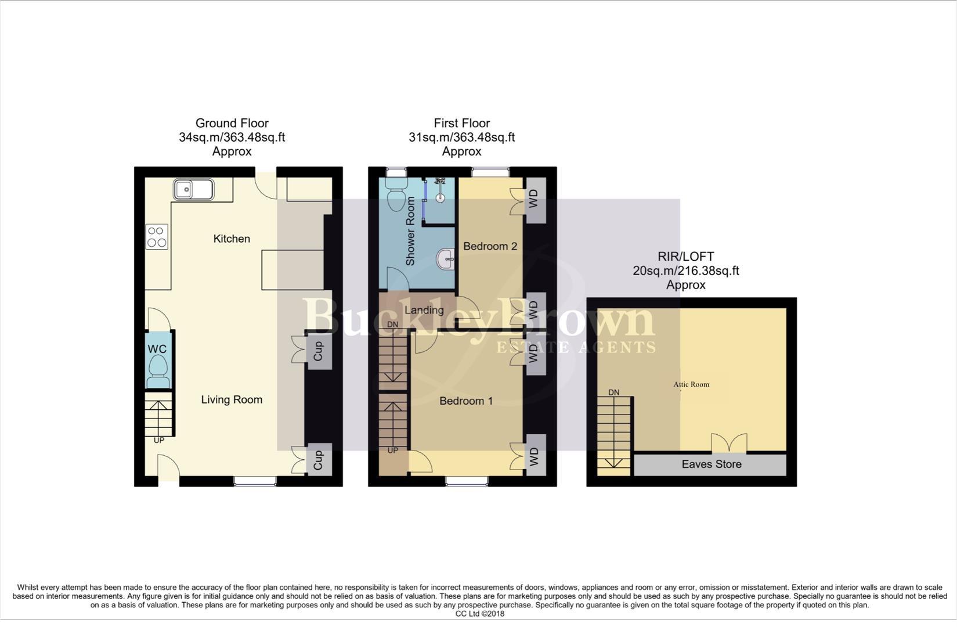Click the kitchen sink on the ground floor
(193, 189)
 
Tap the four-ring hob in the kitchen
(156, 237)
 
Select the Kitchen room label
(232, 239)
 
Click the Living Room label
(232, 399)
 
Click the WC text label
(157, 349)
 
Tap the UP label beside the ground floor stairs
(159, 441)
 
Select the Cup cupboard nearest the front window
(319, 460)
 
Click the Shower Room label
(410, 231)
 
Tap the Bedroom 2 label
(490, 246)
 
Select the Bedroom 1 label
(466, 401)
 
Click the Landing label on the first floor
(424, 310)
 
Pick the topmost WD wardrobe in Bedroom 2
(535, 200)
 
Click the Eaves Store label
(712, 464)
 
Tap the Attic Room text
(691, 384)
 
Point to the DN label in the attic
(613, 392)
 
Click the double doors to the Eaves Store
(729, 444)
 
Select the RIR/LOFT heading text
(685, 257)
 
